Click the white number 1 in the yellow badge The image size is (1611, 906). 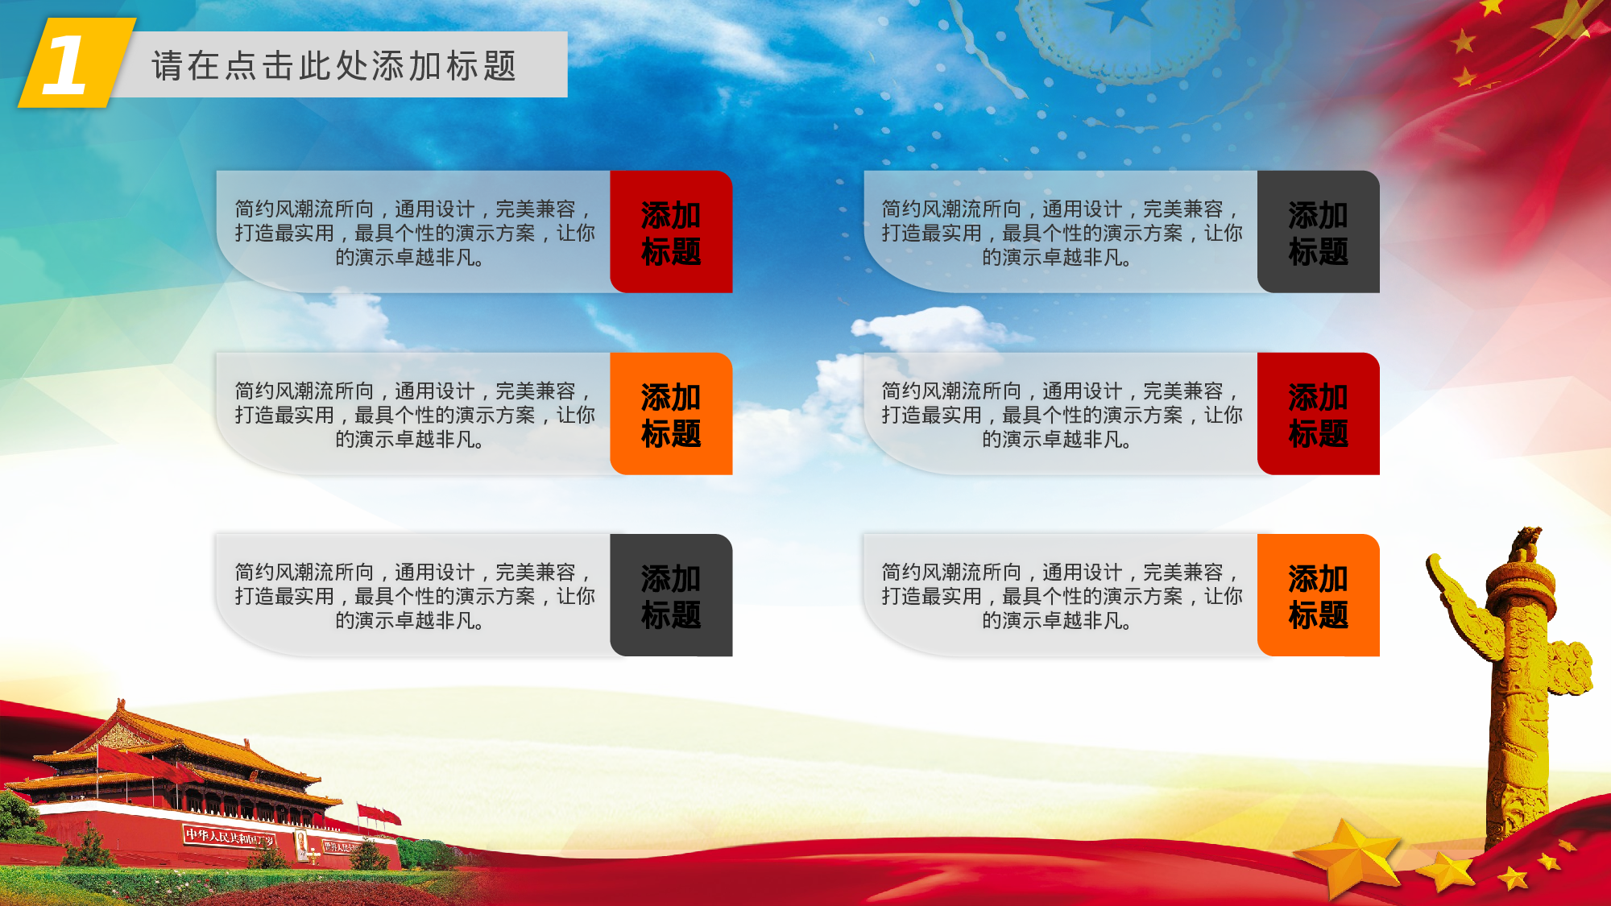click(x=64, y=64)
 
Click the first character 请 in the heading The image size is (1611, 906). click(x=167, y=66)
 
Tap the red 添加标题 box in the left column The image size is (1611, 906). click(x=671, y=232)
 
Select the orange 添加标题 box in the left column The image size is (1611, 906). click(x=671, y=414)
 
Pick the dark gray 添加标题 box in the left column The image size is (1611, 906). click(x=671, y=596)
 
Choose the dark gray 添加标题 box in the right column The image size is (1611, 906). click(x=1318, y=232)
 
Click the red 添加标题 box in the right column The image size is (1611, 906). click(x=1318, y=414)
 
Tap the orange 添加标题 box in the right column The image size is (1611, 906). click(x=1318, y=596)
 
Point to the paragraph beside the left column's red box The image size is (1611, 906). click(x=414, y=233)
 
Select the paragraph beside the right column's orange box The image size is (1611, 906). click(x=1061, y=596)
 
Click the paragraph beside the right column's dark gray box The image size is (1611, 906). click(x=1061, y=233)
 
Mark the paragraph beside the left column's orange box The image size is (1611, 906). click(x=414, y=415)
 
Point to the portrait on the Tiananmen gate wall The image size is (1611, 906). click(x=301, y=844)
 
